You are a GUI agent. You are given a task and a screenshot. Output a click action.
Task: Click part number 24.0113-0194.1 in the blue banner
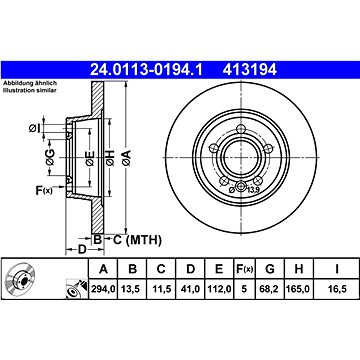146,70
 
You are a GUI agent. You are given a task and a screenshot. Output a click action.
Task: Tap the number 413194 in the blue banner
250,70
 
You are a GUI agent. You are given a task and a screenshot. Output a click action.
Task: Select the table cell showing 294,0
103,289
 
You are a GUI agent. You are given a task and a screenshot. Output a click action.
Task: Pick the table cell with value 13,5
132,289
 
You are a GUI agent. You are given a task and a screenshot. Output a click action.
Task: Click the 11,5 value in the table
161,289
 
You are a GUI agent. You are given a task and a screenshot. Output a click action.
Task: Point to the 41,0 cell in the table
190,289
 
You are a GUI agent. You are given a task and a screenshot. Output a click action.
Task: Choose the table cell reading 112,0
219,289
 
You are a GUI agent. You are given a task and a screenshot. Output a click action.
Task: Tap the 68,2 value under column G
269,289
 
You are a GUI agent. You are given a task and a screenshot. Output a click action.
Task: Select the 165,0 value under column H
299,289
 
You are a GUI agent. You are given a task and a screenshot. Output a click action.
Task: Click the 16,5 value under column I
337,289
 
